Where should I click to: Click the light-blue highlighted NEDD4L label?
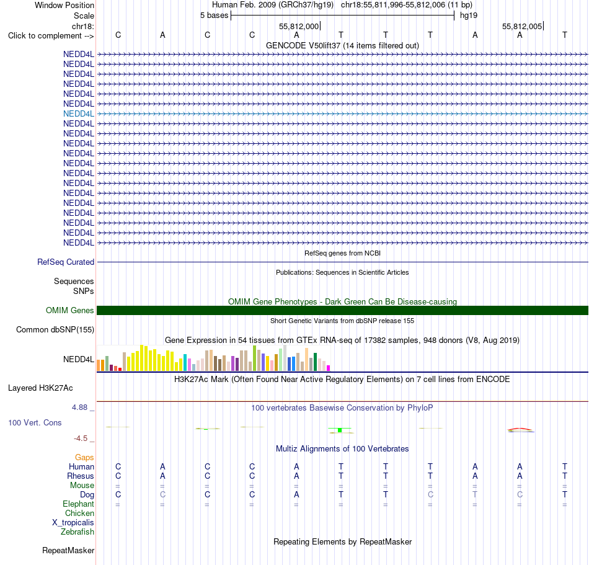tap(79, 114)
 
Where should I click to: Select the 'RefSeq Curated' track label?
tap(66, 262)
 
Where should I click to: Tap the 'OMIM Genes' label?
tap(70, 310)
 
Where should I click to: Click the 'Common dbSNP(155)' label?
tap(55, 329)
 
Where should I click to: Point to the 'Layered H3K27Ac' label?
tap(40, 388)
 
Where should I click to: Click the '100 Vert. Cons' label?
tap(35, 422)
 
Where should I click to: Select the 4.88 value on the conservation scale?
tap(79, 407)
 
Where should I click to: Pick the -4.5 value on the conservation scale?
tap(81, 438)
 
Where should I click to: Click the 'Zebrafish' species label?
tap(77, 532)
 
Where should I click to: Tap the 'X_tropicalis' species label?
tap(73, 523)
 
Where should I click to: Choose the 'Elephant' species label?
tap(79, 504)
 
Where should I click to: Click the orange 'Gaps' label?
tap(84, 457)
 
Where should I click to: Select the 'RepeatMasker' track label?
tap(68, 550)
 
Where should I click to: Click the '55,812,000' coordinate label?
tap(299, 26)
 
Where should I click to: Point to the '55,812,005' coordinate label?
tap(522, 26)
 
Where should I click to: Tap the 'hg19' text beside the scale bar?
tap(469, 16)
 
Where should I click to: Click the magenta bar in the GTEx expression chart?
tap(329, 368)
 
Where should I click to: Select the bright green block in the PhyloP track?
tap(340, 430)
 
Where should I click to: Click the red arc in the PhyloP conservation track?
tap(520, 429)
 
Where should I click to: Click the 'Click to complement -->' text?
tap(51, 36)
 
